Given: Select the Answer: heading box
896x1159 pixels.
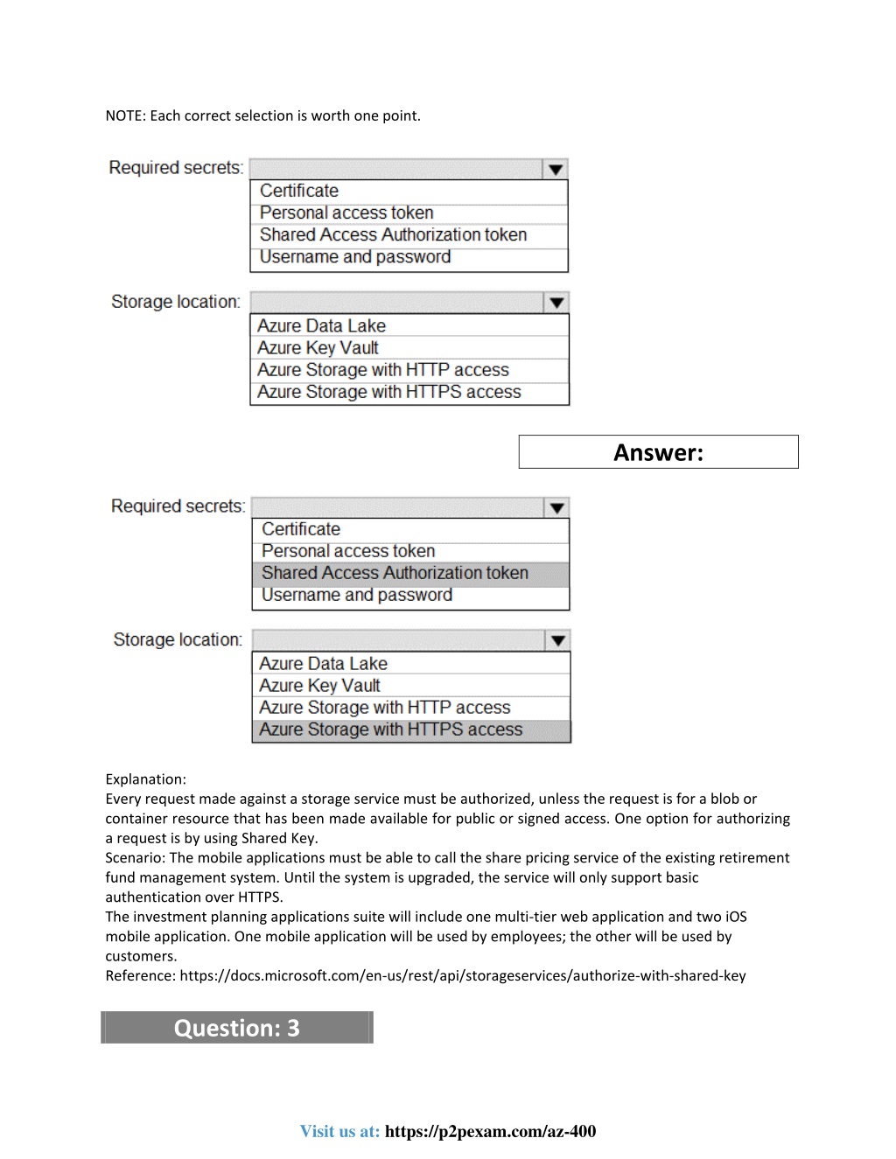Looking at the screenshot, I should pos(658,452).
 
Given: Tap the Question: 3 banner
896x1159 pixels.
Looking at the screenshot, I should pos(237,1028).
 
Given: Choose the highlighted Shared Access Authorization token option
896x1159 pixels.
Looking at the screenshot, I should pos(395,573).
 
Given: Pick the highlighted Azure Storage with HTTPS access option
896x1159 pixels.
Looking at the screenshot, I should pos(390,730).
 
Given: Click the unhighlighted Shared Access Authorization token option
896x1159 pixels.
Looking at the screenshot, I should pos(393,234).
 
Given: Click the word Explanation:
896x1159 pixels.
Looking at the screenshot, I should pos(145,779).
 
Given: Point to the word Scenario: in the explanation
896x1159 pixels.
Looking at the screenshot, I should pos(136,858).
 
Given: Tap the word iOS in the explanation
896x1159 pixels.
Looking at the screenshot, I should pos(735,917).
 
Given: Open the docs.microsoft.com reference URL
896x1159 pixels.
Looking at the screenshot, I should pos(462,976).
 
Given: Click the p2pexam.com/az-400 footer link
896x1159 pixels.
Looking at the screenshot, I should pos(490,1131).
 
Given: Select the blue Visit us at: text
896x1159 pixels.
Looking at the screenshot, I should pos(339,1131).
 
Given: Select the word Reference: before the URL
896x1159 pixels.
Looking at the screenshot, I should pos(140,976).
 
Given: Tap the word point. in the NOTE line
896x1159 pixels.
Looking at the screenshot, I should pos(401,115).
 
